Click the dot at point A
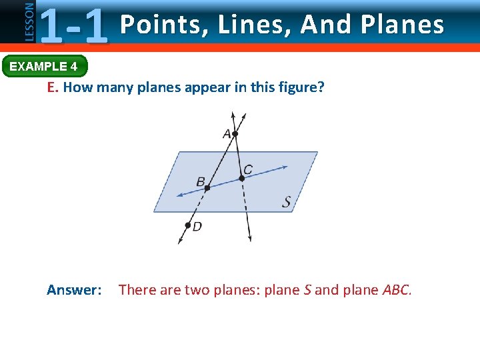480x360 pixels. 235,134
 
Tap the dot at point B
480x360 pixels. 207,188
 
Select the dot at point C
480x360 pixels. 242,178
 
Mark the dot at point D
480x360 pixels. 188,225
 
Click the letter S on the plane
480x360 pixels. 286,201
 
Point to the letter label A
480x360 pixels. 227,134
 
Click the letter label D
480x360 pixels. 197,227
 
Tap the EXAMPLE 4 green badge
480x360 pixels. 44,67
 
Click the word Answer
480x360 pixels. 74,290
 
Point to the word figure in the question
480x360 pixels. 301,88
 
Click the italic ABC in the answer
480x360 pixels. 397,290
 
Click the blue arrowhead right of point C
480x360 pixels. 285,167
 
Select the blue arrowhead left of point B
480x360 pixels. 179,195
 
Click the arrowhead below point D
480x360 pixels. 180,241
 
